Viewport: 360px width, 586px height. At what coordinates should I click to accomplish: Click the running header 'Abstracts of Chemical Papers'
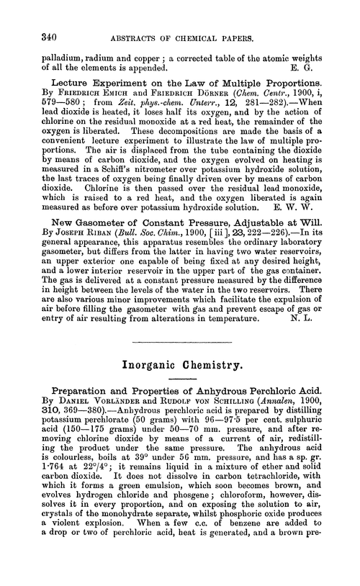coord(181,36)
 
